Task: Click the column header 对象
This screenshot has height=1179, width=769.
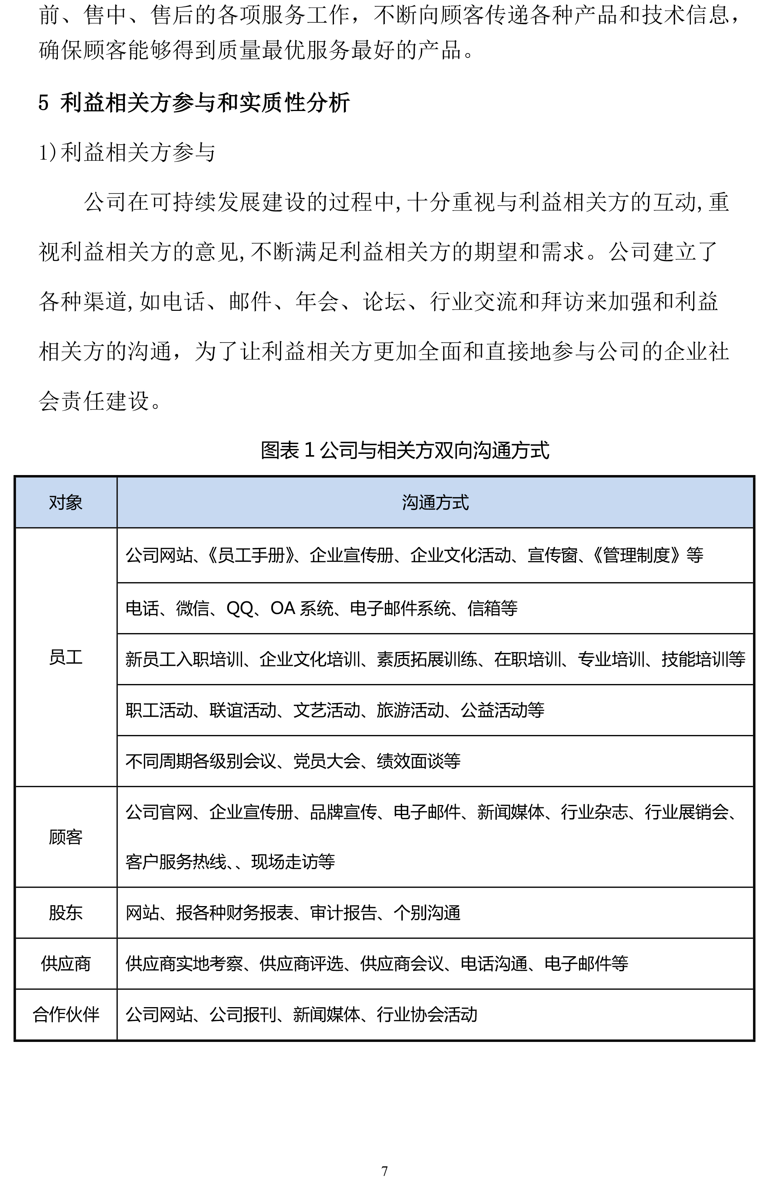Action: (65, 502)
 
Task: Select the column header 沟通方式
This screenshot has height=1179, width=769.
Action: (435, 502)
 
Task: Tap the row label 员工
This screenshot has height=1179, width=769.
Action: (65, 657)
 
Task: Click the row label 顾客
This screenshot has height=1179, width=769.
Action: (65, 837)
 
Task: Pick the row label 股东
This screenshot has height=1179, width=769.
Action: (65, 913)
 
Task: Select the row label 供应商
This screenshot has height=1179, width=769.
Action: (65, 963)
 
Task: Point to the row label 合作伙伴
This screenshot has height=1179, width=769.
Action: (65, 1014)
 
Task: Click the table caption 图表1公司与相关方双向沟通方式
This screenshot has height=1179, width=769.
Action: (404, 450)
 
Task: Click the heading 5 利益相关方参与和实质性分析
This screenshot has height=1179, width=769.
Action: (194, 103)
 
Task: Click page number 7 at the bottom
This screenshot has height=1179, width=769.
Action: (384, 1171)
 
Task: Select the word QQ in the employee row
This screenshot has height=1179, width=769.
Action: (240, 608)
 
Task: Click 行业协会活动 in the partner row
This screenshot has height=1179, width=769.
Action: (427, 1014)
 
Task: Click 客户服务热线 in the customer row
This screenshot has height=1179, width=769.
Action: (175, 862)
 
